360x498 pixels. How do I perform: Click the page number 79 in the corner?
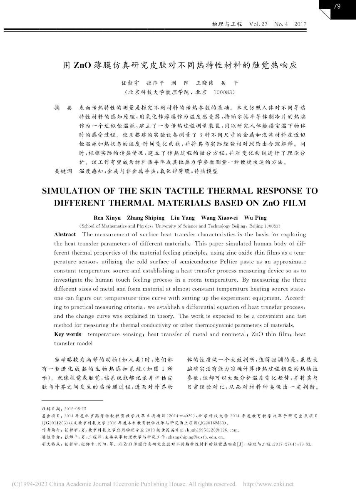tap(337, 6)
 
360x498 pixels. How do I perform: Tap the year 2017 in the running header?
tap(300, 25)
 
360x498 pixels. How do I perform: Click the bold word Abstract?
tap(65, 235)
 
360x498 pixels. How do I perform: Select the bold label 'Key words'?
tap(67, 334)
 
